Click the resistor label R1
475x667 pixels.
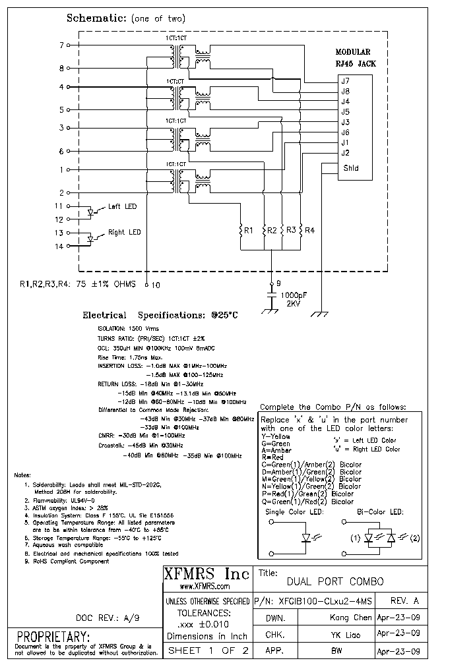[x=249, y=231]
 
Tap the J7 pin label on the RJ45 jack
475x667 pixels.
[x=345, y=81]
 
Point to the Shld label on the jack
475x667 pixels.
[x=350, y=168]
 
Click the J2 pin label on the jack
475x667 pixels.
[x=345, y=153]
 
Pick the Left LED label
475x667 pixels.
[x=122, y=207]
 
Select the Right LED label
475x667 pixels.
[x=125, y=233]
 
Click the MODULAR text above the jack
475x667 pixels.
[x=353, y=52]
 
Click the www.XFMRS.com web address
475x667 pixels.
[x=205, y=587]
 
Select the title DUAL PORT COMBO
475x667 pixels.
[x=334, y=582]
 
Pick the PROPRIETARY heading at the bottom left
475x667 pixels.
[x=53, y=637]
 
